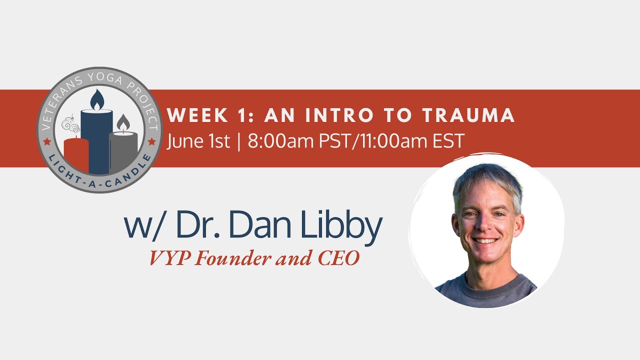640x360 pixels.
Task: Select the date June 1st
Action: (198, 141)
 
